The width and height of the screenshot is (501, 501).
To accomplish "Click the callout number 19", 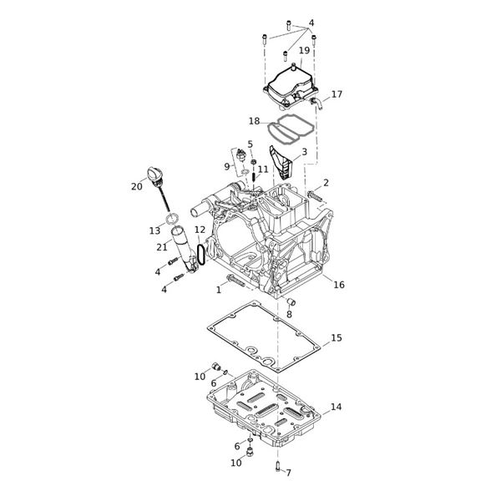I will (x=304, y=51).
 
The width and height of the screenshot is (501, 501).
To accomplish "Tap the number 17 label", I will (x=337, y=94).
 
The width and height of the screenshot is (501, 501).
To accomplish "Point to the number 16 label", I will (x=339, y=285).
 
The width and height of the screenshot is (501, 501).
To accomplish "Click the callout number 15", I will (x=337, y=338).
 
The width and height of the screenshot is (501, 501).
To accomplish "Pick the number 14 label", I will (x=336, y=407).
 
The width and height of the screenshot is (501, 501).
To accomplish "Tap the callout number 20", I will (x=137, y=187).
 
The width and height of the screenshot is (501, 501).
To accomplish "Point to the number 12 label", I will (x=200, y=230).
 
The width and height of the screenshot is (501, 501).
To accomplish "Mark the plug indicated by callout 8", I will (x=291, y=301).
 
